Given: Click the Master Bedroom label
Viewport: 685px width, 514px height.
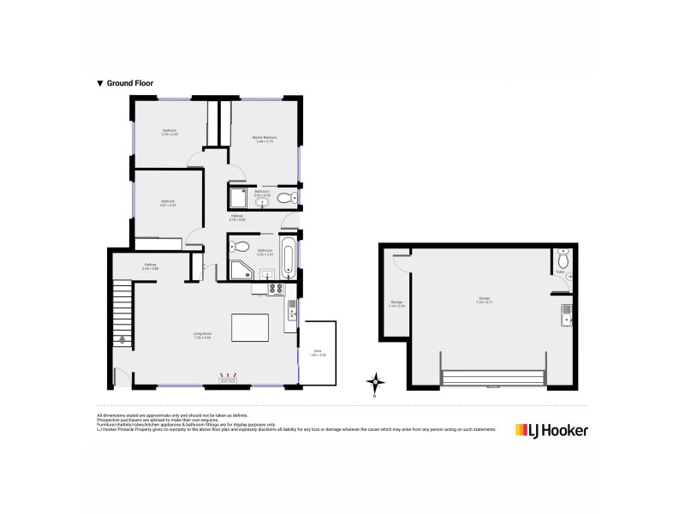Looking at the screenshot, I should point(264,139).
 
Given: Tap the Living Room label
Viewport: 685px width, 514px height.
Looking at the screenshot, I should point(201,336).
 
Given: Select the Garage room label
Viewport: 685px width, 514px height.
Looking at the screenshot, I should point(485,300).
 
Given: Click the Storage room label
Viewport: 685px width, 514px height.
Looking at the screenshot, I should point(396,304).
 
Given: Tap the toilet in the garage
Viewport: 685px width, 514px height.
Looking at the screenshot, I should point(562,260).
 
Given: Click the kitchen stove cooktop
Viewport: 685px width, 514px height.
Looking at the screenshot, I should point(276,289).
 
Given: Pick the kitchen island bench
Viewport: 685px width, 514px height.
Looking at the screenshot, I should point(250,328).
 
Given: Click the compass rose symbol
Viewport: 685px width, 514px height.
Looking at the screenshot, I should point(375,382).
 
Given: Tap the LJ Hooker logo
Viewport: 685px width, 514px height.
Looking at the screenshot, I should point(551,430).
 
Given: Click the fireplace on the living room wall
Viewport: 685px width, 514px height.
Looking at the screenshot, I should point(229,376).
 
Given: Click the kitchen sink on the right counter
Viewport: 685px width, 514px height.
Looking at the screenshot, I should point(292,314).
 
